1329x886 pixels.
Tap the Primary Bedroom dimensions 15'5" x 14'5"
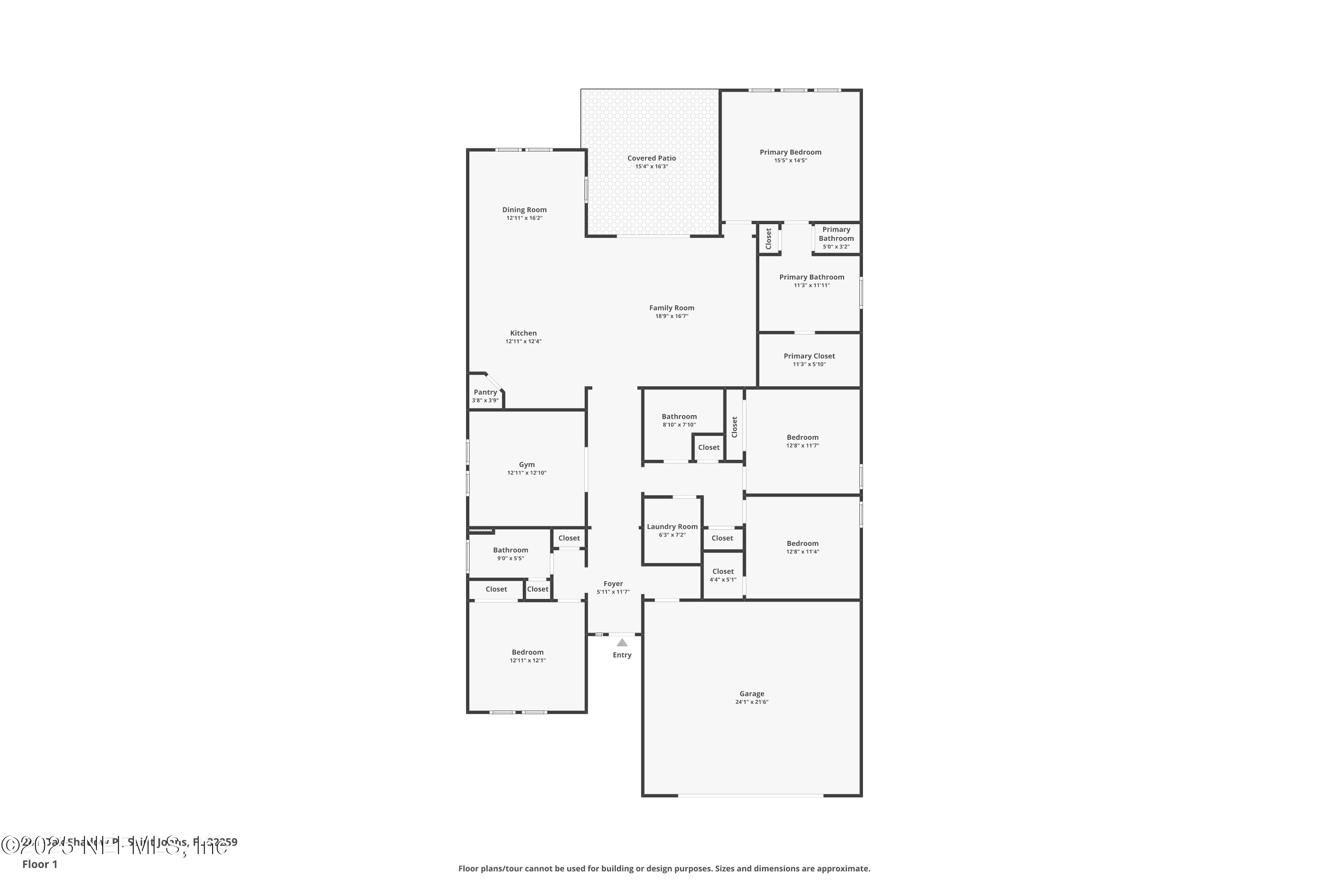790,160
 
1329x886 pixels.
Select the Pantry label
485,392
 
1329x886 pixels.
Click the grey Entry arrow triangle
622,642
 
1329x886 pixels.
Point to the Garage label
751,694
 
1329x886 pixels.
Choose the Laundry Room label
672,527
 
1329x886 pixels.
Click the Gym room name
527,464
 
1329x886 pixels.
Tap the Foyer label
613,584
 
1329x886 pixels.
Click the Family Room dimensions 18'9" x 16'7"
671,316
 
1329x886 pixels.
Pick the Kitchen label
523,334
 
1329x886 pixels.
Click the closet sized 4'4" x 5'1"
723,575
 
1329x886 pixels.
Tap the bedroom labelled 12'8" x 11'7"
802,441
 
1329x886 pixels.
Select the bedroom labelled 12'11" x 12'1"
527,656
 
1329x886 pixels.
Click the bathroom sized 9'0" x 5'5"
510,554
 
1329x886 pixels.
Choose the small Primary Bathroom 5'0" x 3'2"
835,238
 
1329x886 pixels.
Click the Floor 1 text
39,864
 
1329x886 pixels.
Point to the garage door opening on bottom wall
750,795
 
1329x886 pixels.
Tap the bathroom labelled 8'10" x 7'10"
679,420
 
